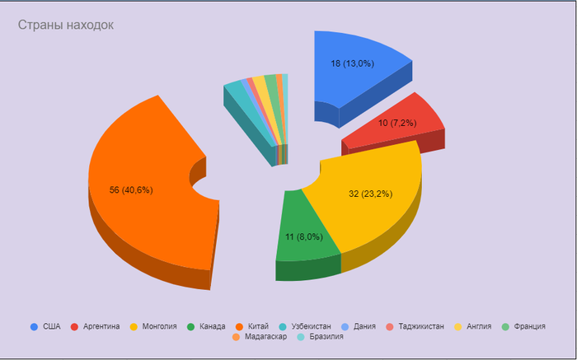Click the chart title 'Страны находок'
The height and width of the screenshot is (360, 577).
[66, 26]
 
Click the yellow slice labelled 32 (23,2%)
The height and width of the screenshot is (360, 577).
[375, 214]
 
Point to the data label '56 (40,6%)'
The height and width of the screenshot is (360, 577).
[131, 190]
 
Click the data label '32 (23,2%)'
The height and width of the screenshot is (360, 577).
[370, 194]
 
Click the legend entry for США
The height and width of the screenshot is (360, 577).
[45, 326]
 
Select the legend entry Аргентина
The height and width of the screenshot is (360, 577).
[96, 326]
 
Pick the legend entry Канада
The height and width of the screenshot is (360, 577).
[206, 326]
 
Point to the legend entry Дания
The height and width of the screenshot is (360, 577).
[358, 326]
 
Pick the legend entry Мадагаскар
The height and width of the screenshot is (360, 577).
[260, 337]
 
